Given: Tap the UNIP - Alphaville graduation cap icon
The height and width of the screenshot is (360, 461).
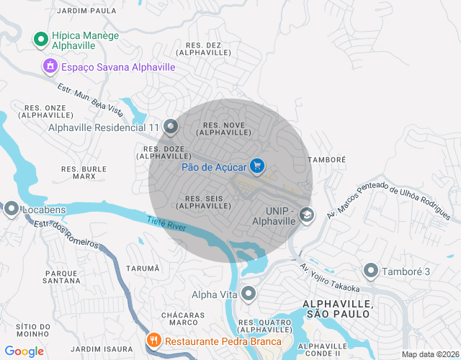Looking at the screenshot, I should (307, 215).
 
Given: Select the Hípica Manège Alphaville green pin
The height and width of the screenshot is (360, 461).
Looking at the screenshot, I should (40, 38).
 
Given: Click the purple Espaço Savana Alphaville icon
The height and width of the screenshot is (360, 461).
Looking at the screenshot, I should (50, 67).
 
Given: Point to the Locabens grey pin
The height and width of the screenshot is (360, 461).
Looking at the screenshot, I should (12, 210).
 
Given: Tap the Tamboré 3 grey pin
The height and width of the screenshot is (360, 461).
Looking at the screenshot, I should (371, 271).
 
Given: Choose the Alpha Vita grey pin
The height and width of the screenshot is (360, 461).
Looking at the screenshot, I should (249, 294).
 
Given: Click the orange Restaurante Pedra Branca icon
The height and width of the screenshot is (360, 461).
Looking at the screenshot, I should (153, 341).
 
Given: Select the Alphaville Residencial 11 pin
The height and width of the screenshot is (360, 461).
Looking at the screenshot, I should (171, 127).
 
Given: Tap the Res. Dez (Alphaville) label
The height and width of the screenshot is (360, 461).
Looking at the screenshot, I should (203, 48).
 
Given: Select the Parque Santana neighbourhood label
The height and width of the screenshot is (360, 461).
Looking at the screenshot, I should (61, 276).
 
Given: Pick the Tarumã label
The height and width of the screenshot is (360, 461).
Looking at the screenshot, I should (143, 268).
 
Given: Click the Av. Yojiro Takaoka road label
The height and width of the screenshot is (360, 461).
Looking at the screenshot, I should (329, 278).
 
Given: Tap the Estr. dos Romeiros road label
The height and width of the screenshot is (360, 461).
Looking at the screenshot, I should (65, 233).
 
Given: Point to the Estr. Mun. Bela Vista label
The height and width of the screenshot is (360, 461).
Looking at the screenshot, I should (89, 99).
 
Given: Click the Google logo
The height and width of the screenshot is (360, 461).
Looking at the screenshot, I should (24, 351).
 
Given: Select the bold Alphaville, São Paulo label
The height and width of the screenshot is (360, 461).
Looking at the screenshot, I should (339, 309).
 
